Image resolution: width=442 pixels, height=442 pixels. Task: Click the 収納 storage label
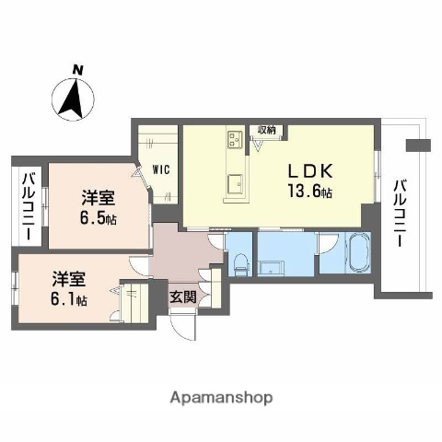pyautogui.click(x=266, y=131)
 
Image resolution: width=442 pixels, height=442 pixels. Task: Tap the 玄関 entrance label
pyautogui.click(x=181, y=297)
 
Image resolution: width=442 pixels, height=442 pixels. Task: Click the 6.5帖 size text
pyautogui.click(x=98, y=218)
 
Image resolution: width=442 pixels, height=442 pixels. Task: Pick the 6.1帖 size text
pyautogui.click(x=68, y=300)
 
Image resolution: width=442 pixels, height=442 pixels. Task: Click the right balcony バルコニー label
pyautogui.click(x=401, y=213)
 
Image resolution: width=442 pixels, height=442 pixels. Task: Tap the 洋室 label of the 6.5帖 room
pyautogui.click(x=98, y=197)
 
